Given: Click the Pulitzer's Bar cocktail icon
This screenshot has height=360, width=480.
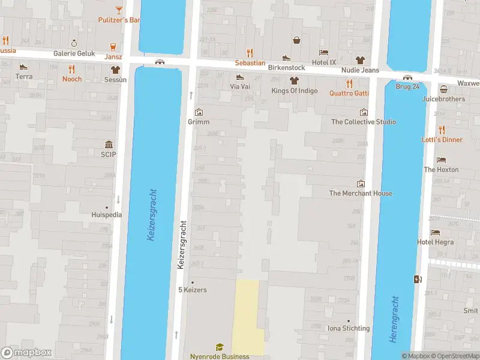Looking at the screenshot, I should (x=119, y=10).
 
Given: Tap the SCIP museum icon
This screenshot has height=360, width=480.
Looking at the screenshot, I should (x=109, y=144).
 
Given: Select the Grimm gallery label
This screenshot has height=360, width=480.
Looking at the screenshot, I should (x=199, y=122).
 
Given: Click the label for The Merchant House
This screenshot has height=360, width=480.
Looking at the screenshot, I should (x=361, y=193).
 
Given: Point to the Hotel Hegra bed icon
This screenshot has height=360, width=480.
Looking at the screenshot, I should (x=435, y=232).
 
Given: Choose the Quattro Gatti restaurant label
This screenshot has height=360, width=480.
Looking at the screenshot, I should (x=349, y=93).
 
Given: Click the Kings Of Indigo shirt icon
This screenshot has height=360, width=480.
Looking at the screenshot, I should (x=294, y=80).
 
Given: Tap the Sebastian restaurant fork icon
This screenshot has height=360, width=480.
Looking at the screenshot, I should (x=250, y=53).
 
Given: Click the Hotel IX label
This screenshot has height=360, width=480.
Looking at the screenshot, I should (x=324, y=62).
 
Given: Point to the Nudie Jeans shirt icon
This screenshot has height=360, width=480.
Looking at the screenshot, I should (x=360, y=60).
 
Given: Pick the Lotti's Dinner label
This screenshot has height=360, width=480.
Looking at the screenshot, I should (x=442, y=140).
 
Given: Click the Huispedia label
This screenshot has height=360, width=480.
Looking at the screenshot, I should (x=106, y=214).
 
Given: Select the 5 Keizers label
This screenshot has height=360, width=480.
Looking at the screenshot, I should (x=192, y=290).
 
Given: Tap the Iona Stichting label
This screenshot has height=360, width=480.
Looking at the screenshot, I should (x=347, y=328).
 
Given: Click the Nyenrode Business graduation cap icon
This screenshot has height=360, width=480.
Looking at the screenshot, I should (x=220, y=347).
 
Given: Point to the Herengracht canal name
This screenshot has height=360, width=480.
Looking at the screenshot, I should (x=394, y=319).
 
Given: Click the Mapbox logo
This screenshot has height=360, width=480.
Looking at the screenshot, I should (x=26, y=353).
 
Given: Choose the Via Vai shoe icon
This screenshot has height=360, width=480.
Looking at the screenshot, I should (x=240, y=77).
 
